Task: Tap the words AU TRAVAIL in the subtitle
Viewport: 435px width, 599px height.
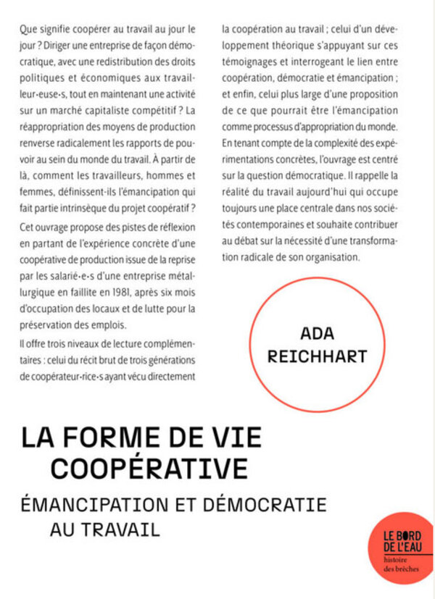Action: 104,529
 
